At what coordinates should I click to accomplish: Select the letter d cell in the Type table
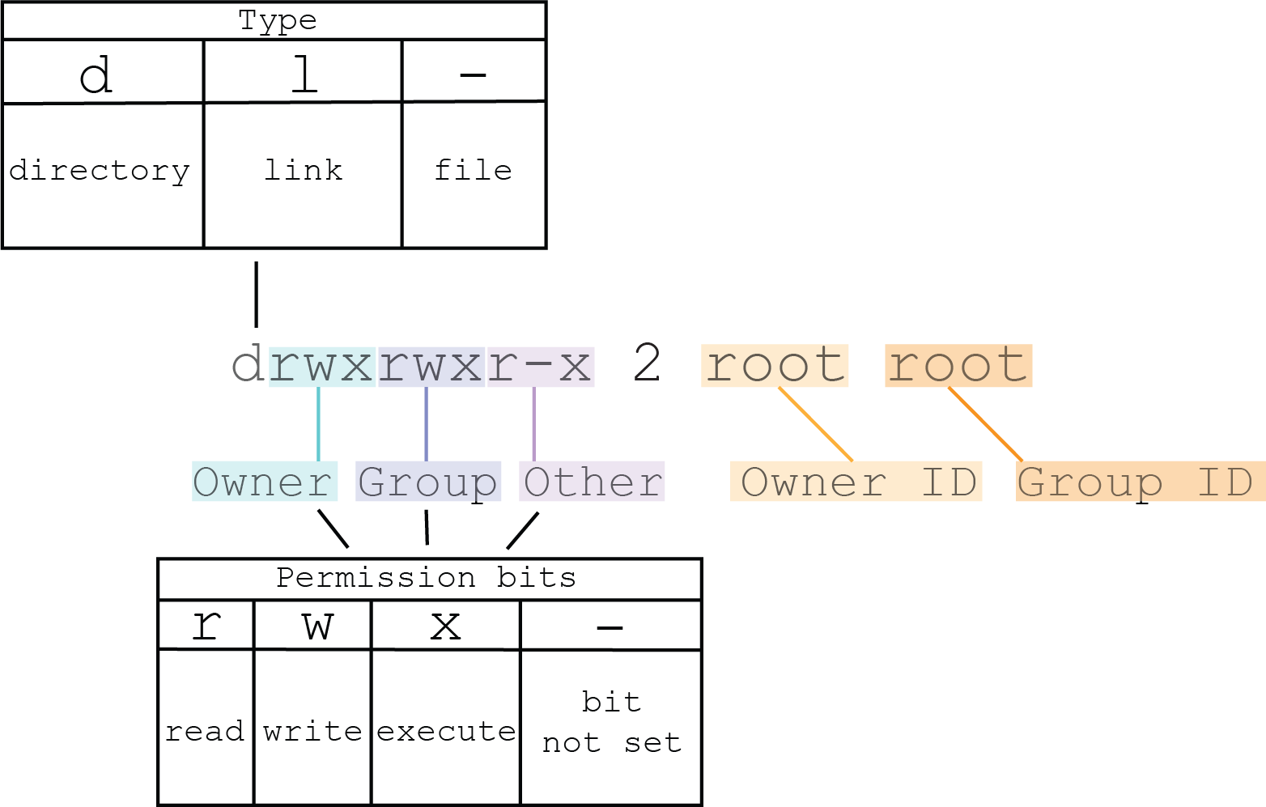point(103,72)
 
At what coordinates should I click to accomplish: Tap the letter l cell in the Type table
point(303,72)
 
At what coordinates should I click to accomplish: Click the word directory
point(100,171)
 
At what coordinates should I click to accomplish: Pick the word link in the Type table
point(303,169)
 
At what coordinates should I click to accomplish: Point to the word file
point(473,169)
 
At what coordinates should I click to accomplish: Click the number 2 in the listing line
point(647,363)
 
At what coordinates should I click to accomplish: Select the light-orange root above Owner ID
point(775,366)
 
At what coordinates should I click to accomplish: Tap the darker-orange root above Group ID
point(958,366)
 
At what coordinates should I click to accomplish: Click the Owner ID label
point(856,482)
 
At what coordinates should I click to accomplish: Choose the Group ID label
point(1141,482)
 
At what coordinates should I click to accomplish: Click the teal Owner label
point(265,482)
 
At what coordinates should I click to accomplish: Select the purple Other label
point(592,482)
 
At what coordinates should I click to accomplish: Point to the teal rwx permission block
point(322,367)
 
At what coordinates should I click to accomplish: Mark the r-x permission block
point(541,367)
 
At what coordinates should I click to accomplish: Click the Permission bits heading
point(426,578)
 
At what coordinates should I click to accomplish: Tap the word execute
point(446,731)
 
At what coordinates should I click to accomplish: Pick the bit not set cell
point(611,728)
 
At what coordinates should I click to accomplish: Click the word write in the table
point(312,731)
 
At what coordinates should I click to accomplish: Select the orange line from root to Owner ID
point(816,424)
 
